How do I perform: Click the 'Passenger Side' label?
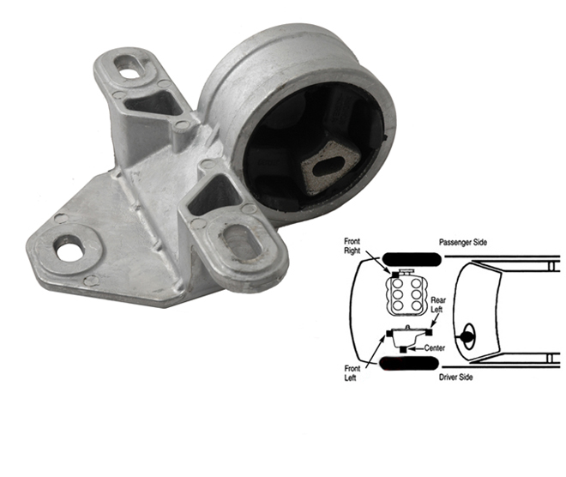point(463,242)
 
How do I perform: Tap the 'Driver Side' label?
point(456,377)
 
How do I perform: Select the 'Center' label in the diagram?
point(435,348)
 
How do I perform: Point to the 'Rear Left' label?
point(438,305)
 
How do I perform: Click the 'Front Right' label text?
point(352,246)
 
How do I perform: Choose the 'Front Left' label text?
point(352,373)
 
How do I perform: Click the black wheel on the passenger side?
point(412,258)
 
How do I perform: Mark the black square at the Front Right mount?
point(395,275)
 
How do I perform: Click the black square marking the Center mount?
point(404,349)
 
